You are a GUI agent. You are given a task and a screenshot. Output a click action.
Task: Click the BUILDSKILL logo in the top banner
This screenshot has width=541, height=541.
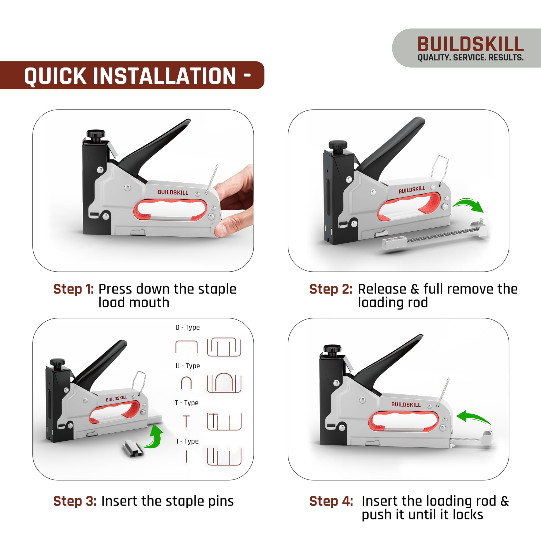coord(470,44)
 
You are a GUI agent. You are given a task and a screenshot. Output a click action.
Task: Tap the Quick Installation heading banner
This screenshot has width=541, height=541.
coord(132,75)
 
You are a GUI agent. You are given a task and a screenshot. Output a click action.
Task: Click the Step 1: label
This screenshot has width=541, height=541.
coord(74,289)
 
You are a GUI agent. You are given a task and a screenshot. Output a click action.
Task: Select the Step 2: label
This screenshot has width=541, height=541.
coord(331,289)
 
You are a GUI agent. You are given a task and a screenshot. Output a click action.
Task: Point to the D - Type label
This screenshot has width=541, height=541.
coord(187,327)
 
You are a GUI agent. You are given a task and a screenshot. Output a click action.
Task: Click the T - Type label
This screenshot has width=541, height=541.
coord(187,403)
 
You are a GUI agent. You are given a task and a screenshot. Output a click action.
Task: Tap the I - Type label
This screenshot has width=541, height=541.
coord(187,441)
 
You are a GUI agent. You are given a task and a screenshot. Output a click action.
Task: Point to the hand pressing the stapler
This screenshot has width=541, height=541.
coord(235,202)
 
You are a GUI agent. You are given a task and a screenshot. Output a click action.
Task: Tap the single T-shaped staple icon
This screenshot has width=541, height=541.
coord(186,421)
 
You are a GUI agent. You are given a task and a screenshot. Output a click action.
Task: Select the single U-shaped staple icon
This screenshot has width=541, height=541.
coord(186,383)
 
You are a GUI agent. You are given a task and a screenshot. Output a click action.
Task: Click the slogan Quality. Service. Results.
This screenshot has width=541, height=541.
coord(470,58)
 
